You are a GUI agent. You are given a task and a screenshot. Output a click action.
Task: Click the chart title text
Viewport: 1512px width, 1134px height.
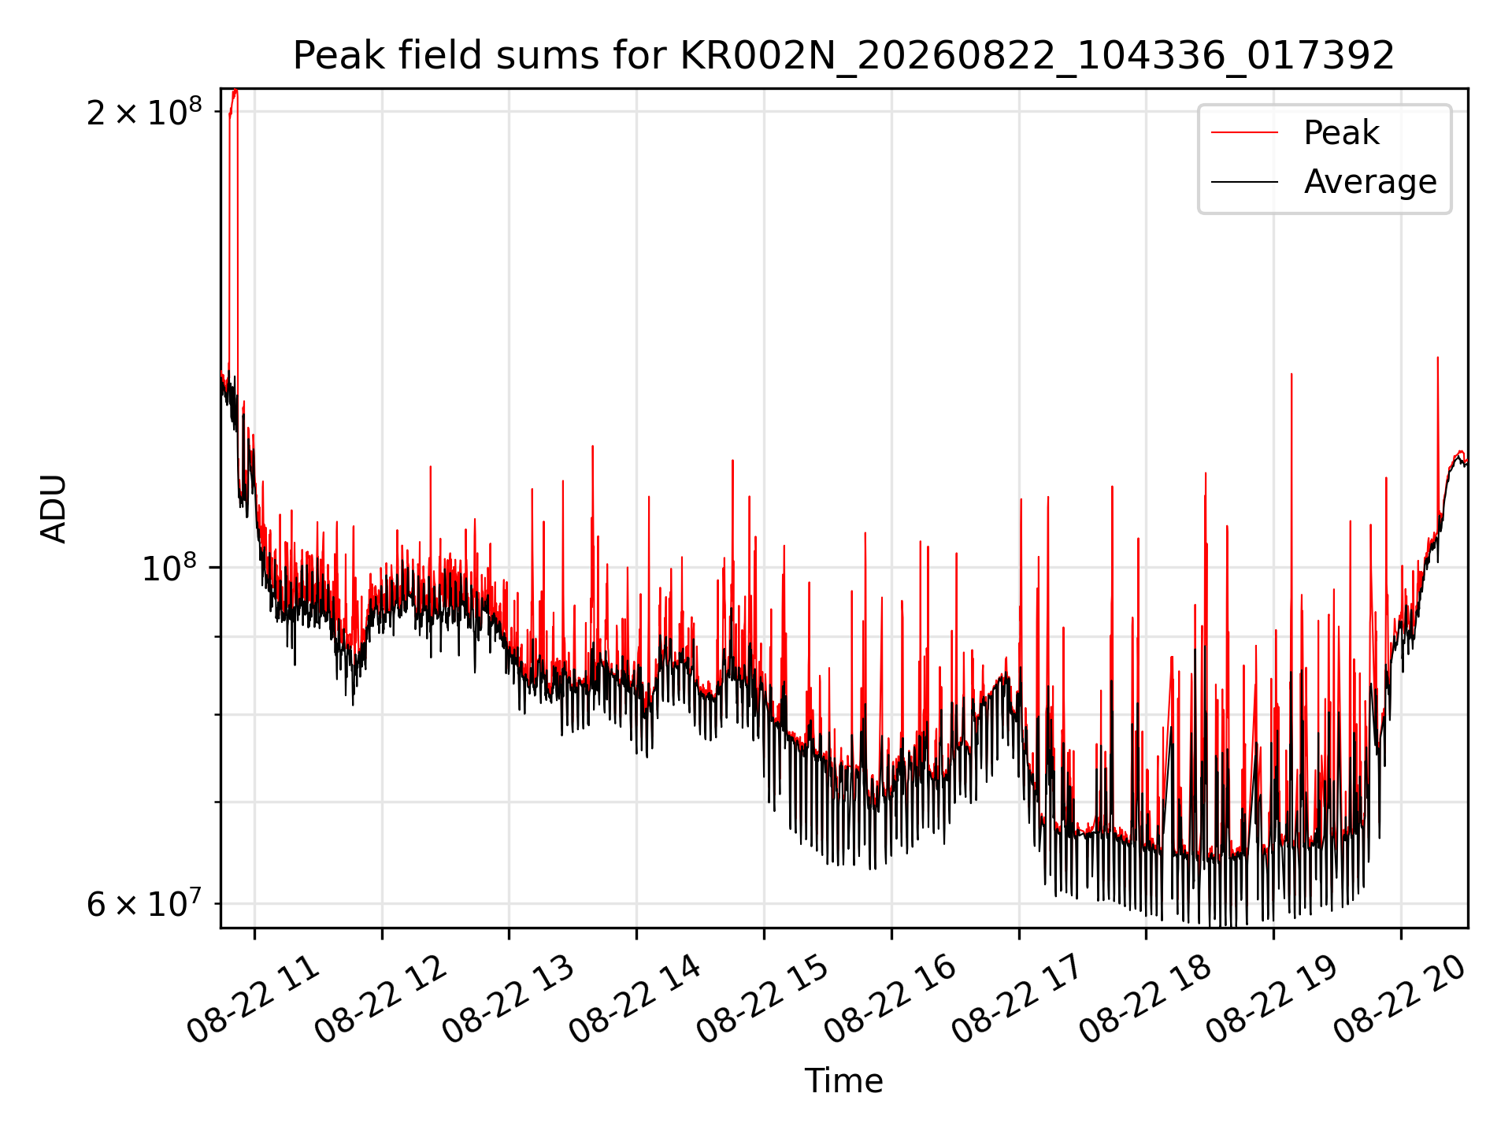(843, 56)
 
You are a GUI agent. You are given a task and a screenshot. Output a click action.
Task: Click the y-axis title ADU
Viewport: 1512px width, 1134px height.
(54, 508)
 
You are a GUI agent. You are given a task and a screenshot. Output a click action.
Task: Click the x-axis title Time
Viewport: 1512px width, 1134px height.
(843, 1080)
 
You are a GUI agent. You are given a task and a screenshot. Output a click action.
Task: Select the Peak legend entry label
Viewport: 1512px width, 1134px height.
(1341, 132)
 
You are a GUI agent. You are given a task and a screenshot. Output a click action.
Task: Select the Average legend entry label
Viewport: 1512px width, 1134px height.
(1370, 182)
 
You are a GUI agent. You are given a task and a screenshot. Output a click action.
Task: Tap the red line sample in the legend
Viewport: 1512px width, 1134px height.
(1244, 132)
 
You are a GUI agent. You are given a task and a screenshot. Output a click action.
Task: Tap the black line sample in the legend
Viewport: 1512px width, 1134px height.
(1244, 182)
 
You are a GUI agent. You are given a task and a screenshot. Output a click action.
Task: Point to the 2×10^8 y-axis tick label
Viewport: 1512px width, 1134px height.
(145, 112)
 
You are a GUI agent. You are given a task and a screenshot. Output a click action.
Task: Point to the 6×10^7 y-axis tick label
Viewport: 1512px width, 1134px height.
(145, 903)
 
